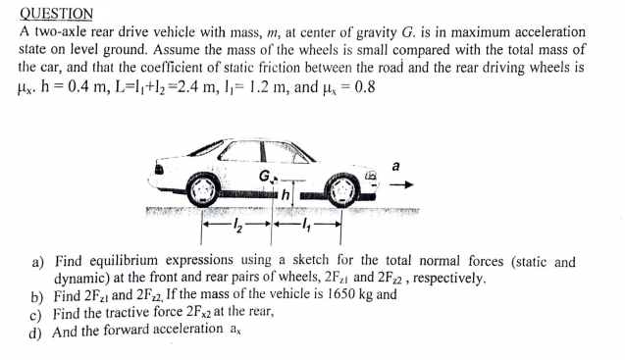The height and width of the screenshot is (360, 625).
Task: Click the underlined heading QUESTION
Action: coord(57,13)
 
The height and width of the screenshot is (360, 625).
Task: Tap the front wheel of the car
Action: coord(340,186)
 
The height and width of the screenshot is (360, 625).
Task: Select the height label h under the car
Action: coord(285,194)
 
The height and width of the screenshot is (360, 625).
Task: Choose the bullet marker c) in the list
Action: coord(37,314)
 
